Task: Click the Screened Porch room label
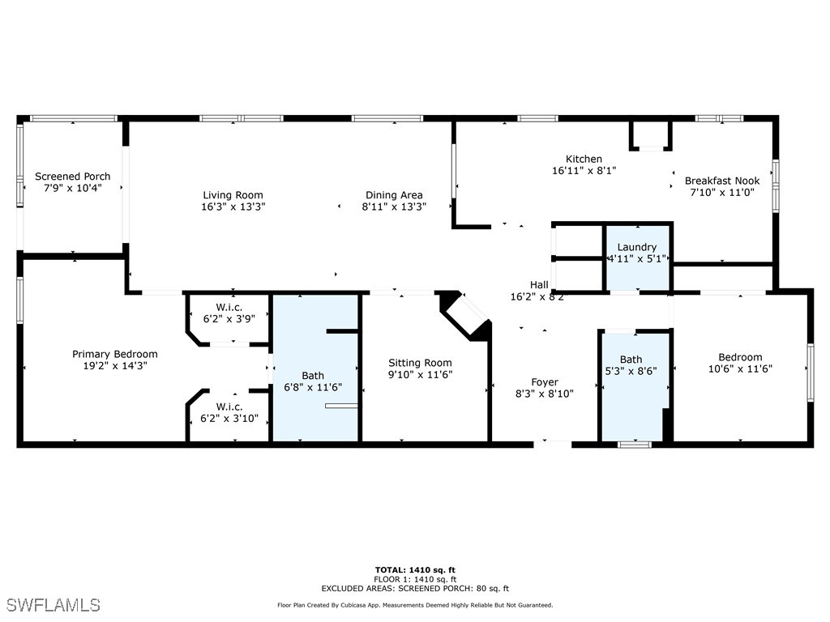pos(72,177)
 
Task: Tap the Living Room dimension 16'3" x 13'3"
pos(233,207)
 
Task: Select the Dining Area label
pos(393,195)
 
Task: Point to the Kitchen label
pos(584,160)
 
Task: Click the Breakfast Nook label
pos(722,181)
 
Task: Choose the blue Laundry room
pos(638,258)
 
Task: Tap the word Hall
pos(539,285)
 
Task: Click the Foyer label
pos(545,382)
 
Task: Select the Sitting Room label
pos(420,363)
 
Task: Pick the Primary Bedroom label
pos(115,354)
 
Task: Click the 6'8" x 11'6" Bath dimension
pos(313,387)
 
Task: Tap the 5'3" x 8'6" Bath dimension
pos(631,371)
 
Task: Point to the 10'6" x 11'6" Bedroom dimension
pos(740,369)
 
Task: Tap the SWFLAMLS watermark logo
pos(53,605)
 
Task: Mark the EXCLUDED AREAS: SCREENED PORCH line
pos(415,589)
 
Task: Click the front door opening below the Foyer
pos(553,443)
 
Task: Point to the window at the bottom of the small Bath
pos(634,444)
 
